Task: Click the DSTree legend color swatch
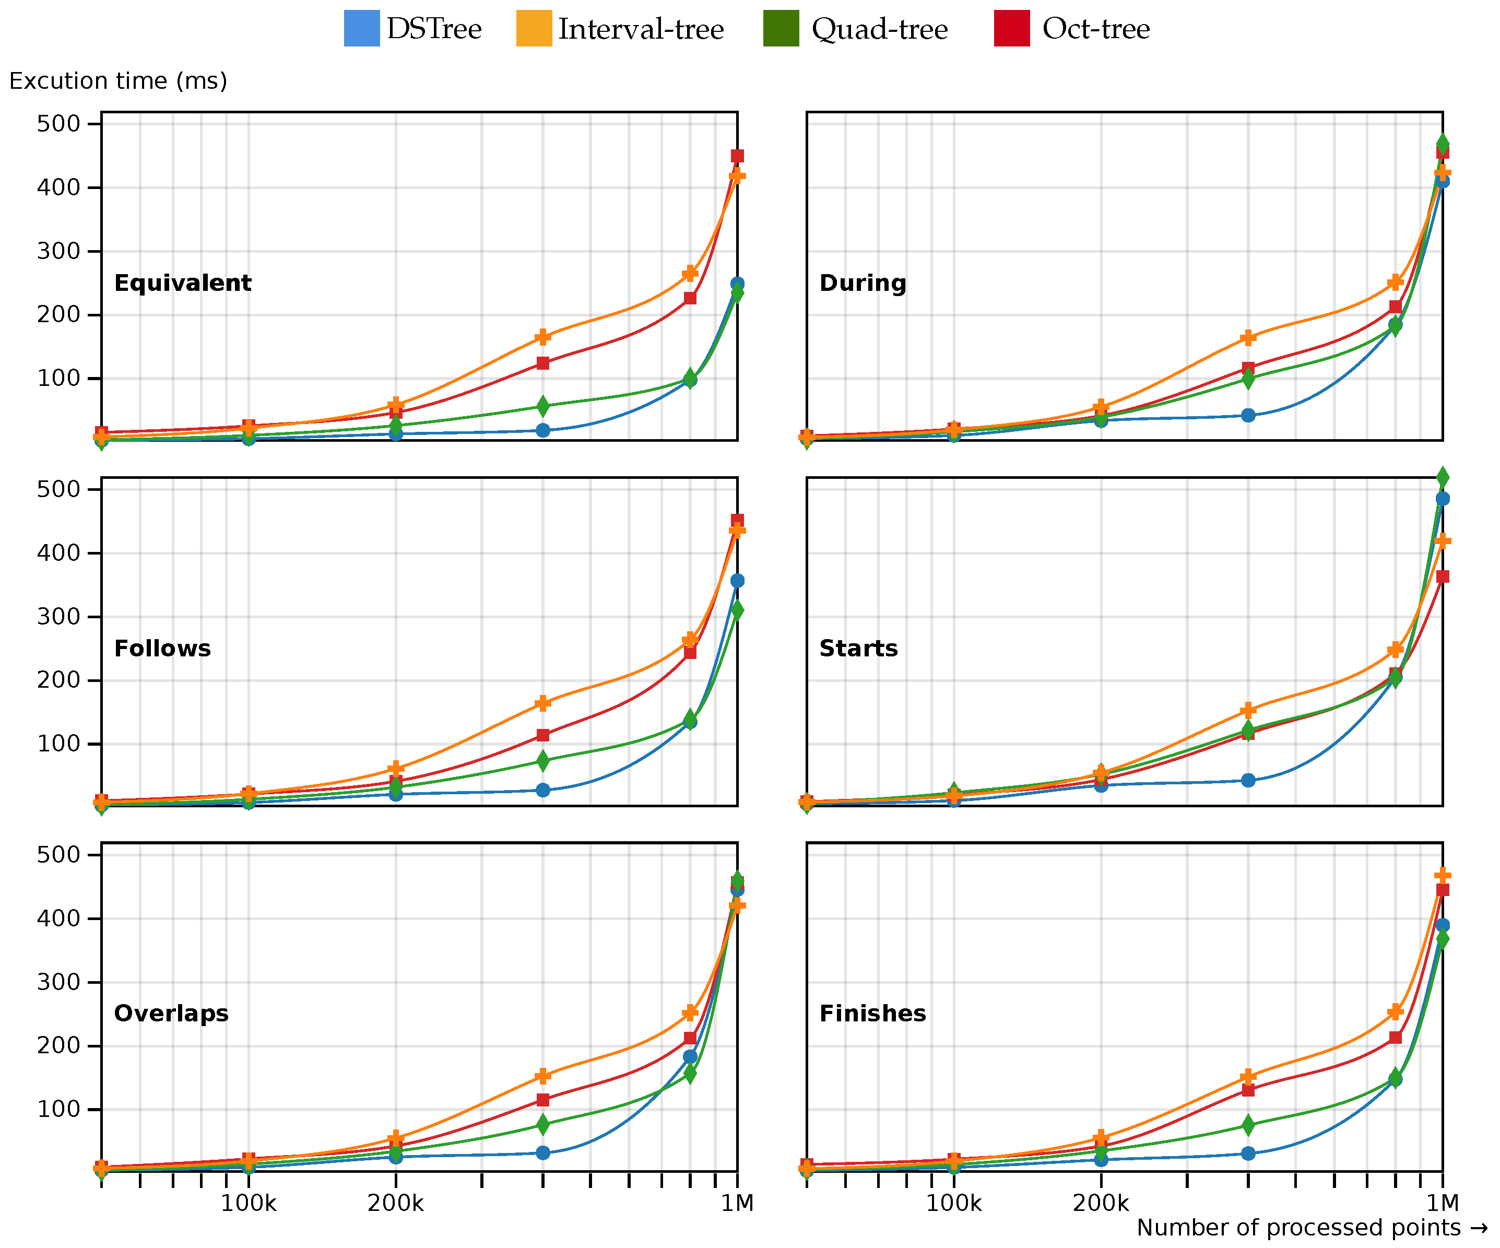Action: pos(361,29)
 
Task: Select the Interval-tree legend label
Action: pos(641,29)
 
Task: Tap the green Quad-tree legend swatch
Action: pos(781,29)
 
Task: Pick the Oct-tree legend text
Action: pos(1096,29)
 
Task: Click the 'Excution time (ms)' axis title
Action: pos(118,81)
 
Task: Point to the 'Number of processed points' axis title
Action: pos(1298,1227)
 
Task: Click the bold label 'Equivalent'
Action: pos(182,283)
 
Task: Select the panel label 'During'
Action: pos(862,283)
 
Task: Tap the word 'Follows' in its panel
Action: pos(162,649)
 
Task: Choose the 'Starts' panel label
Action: pos(858,649)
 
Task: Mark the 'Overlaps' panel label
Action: pos(171,1014)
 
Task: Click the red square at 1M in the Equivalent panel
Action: pos(737,156)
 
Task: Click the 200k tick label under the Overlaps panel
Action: pos(395,1204)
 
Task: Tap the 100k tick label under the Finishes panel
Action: pos(953,1204)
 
